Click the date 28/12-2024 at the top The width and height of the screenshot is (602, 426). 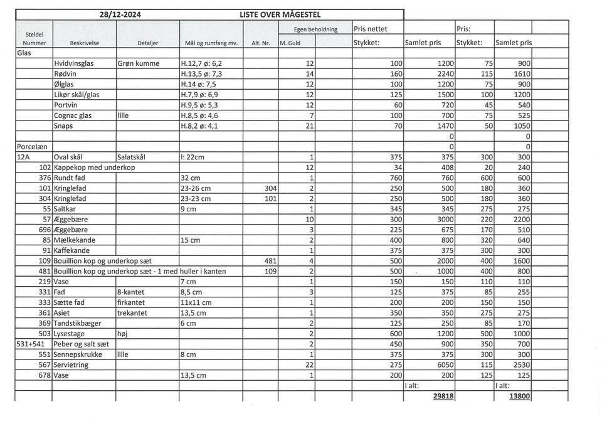(121, 14)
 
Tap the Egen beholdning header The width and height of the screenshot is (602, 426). (315, 29)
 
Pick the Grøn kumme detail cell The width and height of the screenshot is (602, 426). (139, 64)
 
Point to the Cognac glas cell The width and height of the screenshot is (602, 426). (73, 115)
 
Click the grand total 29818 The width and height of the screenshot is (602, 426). (443, 396)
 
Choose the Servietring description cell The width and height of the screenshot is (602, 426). (71, 365)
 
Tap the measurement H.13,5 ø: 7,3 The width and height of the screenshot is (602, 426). (201, 74)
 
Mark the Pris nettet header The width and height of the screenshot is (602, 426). (371, 29)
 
